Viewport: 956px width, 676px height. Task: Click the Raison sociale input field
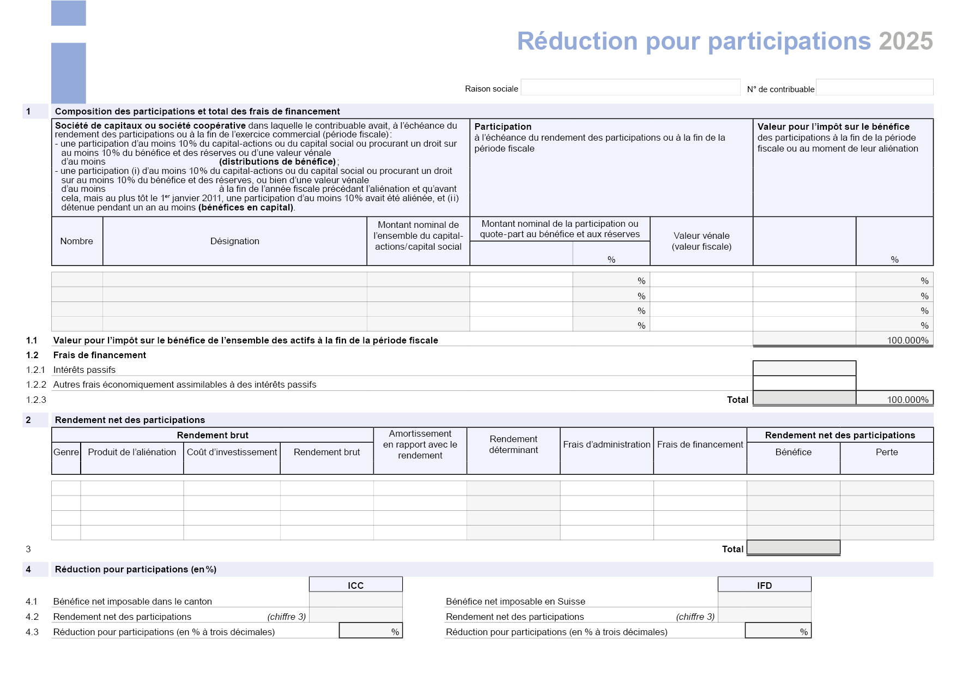coord(630,88)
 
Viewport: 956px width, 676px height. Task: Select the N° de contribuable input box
coord(874,88)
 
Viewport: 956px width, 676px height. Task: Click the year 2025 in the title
coord(905,41)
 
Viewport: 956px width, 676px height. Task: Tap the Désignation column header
coord(234,241)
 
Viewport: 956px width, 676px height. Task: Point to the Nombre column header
coord(76,241)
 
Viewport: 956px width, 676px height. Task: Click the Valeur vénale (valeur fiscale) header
coord(701,241)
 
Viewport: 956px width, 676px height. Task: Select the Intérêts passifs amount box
coord(804,369)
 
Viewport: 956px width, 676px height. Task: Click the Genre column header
coord(66,452)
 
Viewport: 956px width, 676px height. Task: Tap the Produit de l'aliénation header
coord(132,452)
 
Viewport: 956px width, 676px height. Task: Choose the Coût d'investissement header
coord(232,452)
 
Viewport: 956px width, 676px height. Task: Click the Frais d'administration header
coord(607,444)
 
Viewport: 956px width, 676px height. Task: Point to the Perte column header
coord(886,452)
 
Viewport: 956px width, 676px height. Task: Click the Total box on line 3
coord(793,547)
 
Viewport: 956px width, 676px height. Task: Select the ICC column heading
coord(355,585)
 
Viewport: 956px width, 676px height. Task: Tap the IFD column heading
coord(764,585)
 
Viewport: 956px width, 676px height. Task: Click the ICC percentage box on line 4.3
coord(371,631)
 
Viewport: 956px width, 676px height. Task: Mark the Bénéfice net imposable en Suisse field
coord(764,600)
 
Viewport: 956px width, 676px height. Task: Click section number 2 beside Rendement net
coord(28,420)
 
